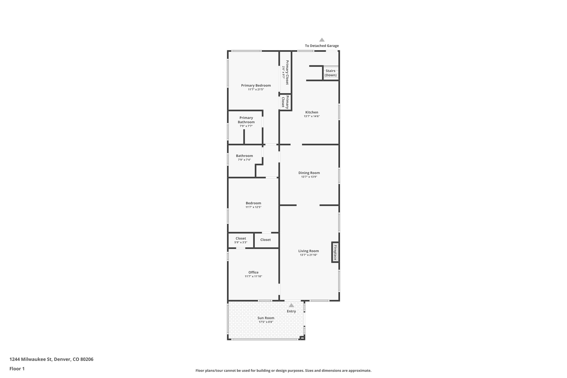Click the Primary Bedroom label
[256, 85]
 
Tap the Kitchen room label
[311, 112]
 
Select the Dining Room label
[309, 173]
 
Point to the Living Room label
[308, 251]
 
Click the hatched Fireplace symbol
[335, 252]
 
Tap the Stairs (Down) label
[331, 73]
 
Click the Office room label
[253, 272]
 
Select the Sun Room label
[266, 318]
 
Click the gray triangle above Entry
[291, 305]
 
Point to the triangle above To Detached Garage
[322, 40]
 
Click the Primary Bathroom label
[246, 120]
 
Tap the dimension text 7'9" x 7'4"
[244, 160]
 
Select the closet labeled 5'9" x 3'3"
[241, 240]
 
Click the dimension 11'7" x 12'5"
[253, 207]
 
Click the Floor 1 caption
[17, 369]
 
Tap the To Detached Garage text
[322, 46]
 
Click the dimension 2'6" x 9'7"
[283, 73]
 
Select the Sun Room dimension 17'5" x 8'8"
[266, 322]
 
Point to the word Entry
[291, 311]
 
